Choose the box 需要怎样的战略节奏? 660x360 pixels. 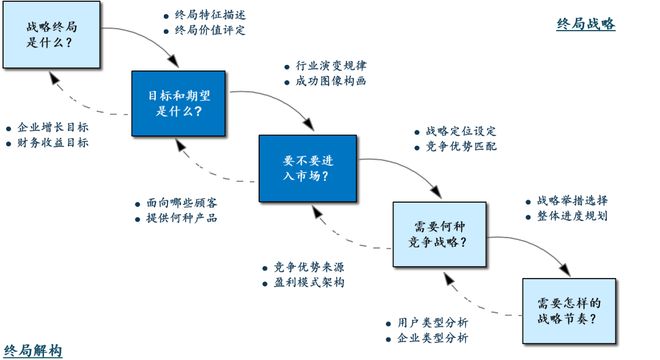point(566,311)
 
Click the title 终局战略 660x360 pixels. point(586,23)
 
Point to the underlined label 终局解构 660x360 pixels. point(33,350)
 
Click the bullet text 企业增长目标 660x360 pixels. point(52,128)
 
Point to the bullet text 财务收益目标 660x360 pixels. point(52,143)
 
